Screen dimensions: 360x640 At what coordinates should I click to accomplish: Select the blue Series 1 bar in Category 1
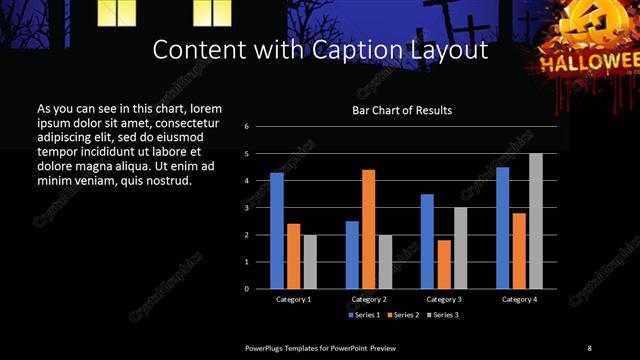click(x=277, y=230)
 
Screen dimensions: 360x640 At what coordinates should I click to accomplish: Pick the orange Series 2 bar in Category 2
click(x=369, y=229)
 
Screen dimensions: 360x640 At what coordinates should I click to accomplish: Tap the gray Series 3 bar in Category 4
click(x=536, y=221)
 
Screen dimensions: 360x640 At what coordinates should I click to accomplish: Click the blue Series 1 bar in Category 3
click(x=427, y=241)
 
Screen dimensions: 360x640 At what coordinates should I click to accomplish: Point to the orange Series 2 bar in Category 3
click(x=444, y=264)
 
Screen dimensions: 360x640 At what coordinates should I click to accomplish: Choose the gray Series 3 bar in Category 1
click(x=310, y=261)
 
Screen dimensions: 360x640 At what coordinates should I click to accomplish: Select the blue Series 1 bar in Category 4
click(x=502, y=228)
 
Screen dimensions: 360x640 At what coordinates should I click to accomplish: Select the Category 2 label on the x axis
click(x=369, y=299)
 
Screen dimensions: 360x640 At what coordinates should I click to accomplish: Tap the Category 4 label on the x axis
click(x=519, y=299)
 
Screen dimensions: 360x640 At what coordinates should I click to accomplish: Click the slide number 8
click(x=589, y=347)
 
